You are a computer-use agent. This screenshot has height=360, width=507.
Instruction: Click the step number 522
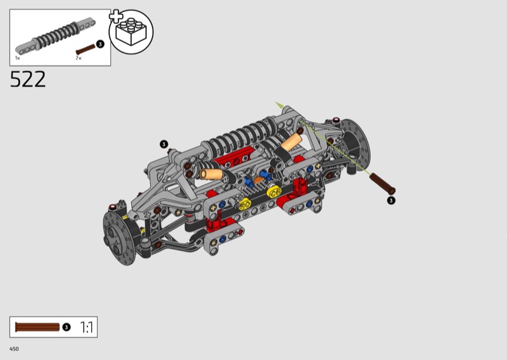pos(28,79)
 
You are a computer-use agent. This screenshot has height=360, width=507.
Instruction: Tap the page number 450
pos(14,349)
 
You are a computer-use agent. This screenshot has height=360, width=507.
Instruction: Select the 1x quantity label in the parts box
pos(18,58)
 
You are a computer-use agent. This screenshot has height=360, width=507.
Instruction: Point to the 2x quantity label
pos(79,58)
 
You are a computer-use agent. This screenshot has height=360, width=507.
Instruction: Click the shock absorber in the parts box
pos(55,35)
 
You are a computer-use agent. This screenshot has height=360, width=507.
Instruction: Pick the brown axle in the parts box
pos(86,49)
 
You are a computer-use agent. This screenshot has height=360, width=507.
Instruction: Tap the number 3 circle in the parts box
pos(100,44)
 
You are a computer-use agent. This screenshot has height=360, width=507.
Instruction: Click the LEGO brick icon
pos(131,32)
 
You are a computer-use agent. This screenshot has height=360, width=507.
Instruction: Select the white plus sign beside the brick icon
pos(116,16)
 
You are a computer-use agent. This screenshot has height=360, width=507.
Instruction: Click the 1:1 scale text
pos(86,327)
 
